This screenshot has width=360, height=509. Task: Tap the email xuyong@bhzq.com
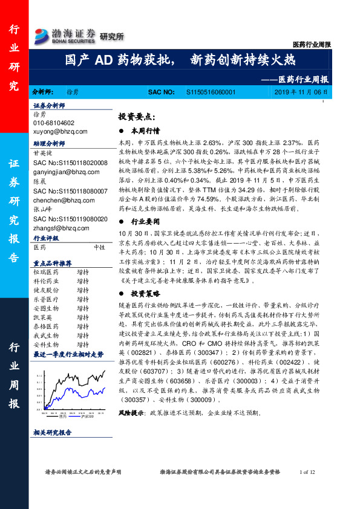[x=61, y=131]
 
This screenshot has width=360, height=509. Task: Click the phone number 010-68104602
[x=58, y=123]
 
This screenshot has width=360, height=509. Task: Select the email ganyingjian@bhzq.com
[x=67, y=171]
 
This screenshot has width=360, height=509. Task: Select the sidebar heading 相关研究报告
[x=53, y=449]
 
